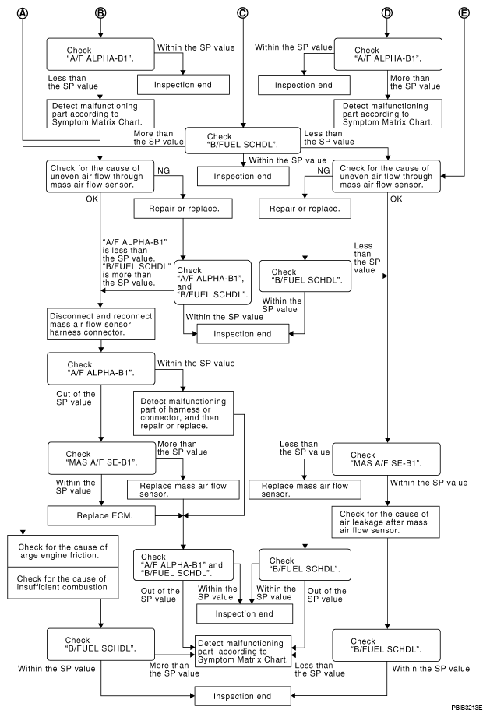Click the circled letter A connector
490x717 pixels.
pos(22,13)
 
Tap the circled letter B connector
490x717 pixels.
pos(100,13)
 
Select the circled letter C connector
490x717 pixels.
pos(242,13)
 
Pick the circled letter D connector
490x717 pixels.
pos(387,13)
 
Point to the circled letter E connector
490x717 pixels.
pos(464,13)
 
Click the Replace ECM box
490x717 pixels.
pos(101,515)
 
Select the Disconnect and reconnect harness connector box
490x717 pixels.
pos(101,324)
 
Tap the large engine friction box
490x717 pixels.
pos(63,551)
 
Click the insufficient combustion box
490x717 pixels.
pos(63,583)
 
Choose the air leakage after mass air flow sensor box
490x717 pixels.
pos(386,522)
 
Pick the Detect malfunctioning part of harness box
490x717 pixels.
pos(184,413)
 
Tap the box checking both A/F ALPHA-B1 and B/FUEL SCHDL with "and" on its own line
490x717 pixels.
pos(213,283)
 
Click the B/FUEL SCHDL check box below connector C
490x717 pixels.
pos(242,141)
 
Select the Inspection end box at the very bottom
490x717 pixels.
pos(242,697)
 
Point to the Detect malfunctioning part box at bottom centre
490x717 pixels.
pos(243,652)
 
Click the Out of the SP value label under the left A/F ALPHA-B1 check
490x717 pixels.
pos(76,399)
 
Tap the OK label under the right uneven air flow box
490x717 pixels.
pos(397,199)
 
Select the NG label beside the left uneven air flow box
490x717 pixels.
pos(164,171)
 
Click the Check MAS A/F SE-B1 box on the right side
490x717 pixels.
pos(386,459)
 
